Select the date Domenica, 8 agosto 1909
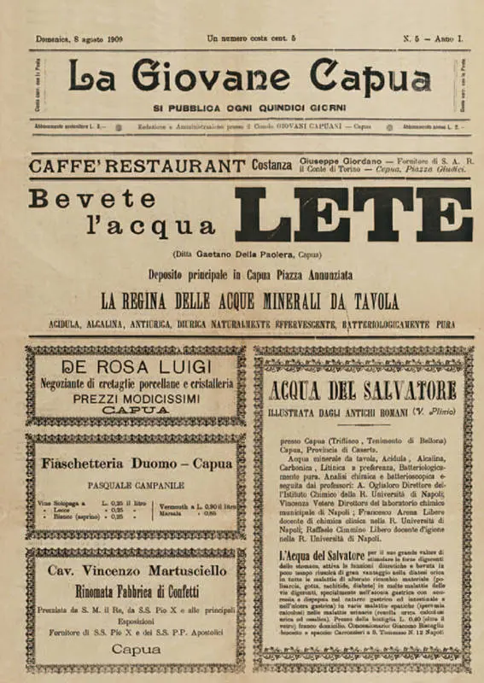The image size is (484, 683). click(x=80, y=38)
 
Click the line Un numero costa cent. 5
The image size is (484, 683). click(x=251, y=38)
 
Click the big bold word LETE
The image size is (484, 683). click(x=353, y=214)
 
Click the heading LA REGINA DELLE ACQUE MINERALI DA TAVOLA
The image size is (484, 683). click(x=249, y=301)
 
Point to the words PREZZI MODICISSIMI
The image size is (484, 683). click(x=136, y=398)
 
